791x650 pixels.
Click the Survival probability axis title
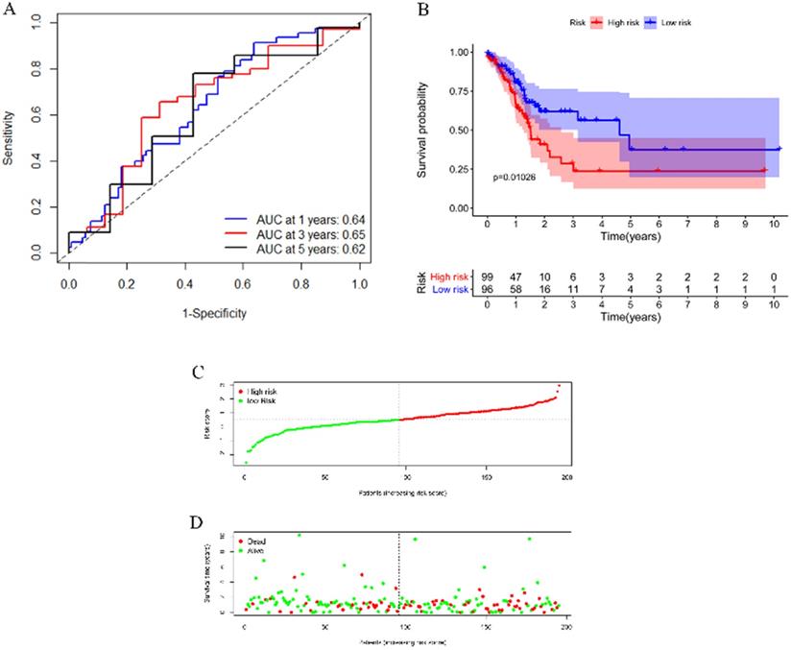(423, 129)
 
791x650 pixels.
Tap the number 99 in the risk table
(488, 275)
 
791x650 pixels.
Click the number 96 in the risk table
(488, 288)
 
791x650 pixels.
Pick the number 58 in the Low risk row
(516, 288)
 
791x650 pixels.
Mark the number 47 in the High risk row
(516, 275)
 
